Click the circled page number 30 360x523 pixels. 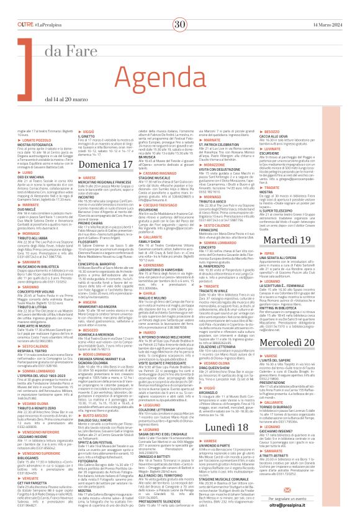click(181, 7)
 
